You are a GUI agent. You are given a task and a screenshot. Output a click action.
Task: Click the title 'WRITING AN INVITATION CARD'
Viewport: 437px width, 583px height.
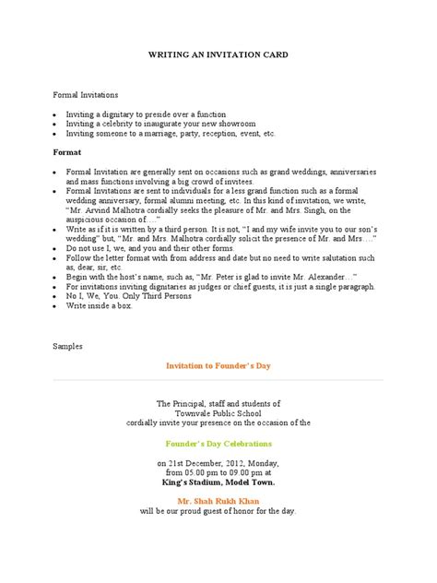[218, 55]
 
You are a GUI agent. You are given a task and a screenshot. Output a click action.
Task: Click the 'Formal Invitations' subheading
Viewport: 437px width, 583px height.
[85, 94]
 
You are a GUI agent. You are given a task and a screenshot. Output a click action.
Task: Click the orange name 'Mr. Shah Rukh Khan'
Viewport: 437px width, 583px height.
[218, 497]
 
